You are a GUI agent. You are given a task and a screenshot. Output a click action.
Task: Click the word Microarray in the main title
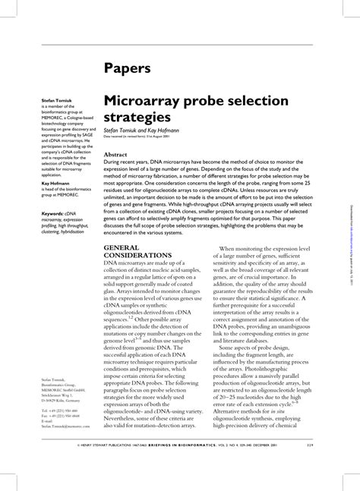point(149,101)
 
